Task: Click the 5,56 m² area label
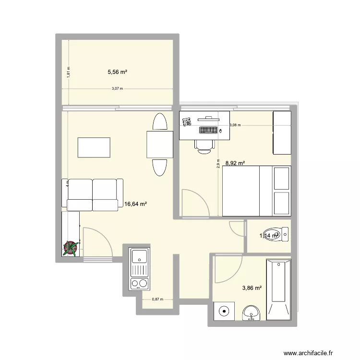coord(118,72)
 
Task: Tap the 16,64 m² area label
coord(135,204)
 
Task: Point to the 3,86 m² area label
coord(252,288)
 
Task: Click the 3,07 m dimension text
coord(118,89)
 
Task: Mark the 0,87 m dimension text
coord(157,299)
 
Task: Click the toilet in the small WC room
coord(277,235)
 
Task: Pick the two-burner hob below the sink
coord(140,283)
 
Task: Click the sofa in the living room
coord(93,194)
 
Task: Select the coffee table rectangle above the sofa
coord(94,147)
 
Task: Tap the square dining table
coord(160,144)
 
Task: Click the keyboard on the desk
coord(208,130)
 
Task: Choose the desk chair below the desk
coord(204,145)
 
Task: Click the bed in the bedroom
coord(256,191)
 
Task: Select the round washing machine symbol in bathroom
coord(224,312)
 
